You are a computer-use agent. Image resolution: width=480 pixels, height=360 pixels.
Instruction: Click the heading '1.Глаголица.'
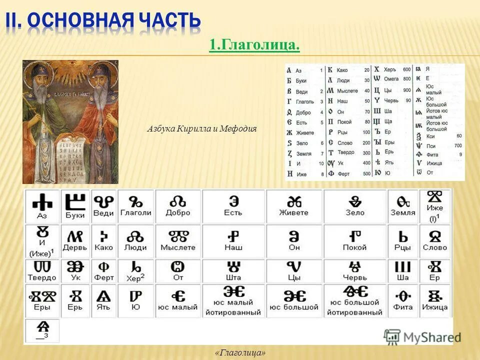coord(254,45)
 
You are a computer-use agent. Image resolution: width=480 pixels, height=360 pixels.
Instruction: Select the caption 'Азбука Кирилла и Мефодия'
coord(201,128)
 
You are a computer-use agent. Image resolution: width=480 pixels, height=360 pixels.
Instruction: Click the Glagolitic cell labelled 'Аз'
coord(42,205)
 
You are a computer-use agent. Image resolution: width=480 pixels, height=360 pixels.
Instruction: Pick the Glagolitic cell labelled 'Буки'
coord(75,205)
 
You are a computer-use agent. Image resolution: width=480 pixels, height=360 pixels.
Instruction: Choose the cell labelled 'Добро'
coord(178,205)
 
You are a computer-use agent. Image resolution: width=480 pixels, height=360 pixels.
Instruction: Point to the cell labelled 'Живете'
coord(294,205)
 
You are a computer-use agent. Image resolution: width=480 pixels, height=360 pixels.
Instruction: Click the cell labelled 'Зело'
coord(355,205)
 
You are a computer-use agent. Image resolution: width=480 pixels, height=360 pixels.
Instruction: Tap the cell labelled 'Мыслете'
coord(178,240)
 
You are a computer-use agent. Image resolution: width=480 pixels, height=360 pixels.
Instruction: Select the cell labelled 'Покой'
coord(355,240)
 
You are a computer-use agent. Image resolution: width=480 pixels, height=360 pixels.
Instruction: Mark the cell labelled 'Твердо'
coord(42,270)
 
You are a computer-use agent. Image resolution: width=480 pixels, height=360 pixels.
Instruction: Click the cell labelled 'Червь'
coord(355,270)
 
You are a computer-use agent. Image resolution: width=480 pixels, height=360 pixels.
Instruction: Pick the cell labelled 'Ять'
coord(103,300)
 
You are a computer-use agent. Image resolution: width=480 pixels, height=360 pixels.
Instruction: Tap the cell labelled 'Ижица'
coord(434,300)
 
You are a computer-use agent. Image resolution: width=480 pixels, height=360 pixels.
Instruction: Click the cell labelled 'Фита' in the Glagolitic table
coord(403,300)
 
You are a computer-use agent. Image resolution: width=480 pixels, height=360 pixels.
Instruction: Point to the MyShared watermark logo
coord(418,336)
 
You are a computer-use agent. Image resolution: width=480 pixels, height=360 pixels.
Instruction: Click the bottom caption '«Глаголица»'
coord(240,353)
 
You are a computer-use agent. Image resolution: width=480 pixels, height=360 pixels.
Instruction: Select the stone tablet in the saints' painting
coord(69,160)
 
